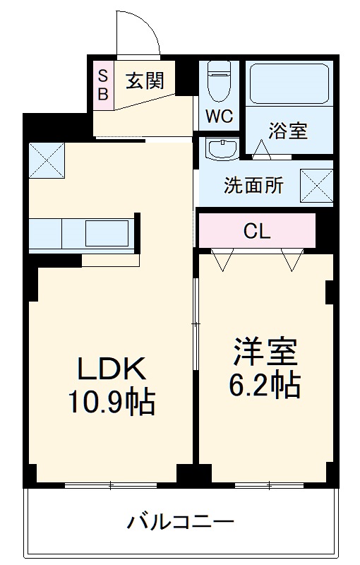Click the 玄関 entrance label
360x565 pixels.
(x=145, y=81)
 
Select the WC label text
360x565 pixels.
(x=220, y=117)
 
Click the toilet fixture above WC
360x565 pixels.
(x=220, y=83)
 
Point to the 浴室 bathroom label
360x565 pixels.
(x=287, y=130)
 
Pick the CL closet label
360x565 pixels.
(x=256, y=231)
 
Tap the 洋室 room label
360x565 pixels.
(x=265, y=352)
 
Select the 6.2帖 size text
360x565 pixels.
(x=265, y=385)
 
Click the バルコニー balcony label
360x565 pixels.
(x=180, y=523)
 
